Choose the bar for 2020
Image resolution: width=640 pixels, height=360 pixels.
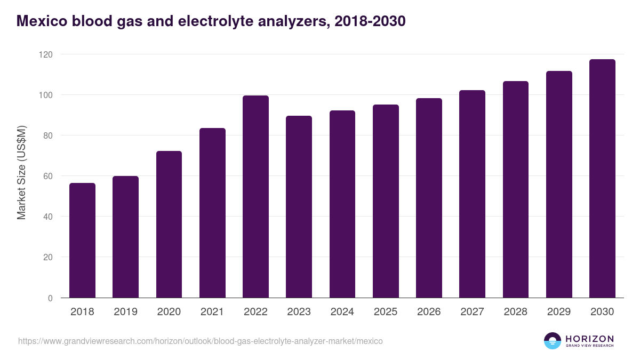point(169,224)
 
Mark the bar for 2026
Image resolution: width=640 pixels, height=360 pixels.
point(429,198)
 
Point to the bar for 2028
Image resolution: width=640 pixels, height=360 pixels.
point(516,189)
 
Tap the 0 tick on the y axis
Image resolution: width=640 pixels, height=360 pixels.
point(50,298)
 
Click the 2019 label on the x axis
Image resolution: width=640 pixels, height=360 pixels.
point(125,312)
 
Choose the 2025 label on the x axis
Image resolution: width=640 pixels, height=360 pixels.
point(386,312)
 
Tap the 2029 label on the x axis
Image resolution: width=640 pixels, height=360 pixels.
point(559,312)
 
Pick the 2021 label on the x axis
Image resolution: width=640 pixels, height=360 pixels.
point(212,312)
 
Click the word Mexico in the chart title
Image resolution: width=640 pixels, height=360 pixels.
point(42,21)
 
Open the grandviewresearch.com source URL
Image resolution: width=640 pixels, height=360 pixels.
point(200,341)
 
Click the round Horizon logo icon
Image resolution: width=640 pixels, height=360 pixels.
point(553,341)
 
